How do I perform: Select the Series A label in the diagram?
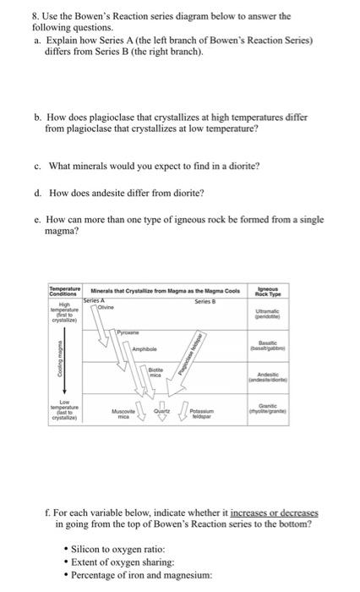point(93,300)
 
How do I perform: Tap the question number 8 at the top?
point(45,15)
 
